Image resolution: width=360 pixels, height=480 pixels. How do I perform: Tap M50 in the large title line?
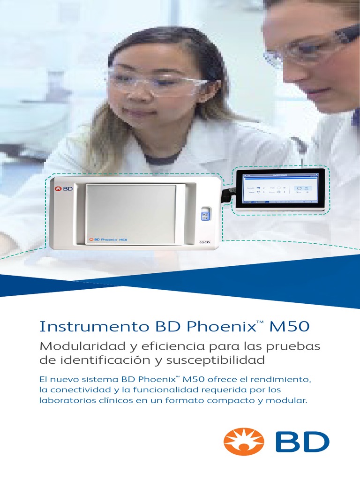(288, 326)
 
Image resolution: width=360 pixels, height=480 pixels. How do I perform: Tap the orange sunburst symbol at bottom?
(243, 442)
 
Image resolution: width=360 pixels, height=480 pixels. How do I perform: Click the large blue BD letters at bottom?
(302, 442)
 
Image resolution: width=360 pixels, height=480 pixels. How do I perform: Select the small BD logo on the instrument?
(64, 189)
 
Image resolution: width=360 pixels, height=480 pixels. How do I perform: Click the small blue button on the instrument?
(205, 216)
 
